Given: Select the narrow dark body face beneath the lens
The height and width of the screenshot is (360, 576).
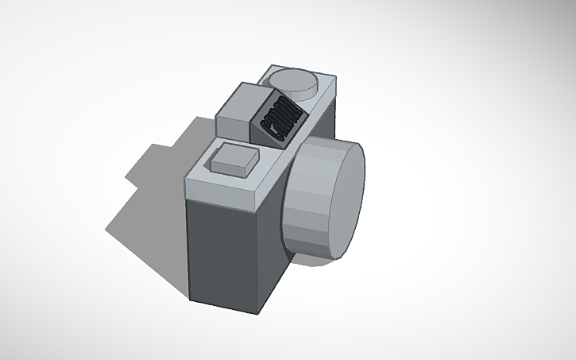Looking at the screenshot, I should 275,270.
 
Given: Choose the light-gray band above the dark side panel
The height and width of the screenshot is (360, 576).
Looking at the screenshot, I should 222,192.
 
